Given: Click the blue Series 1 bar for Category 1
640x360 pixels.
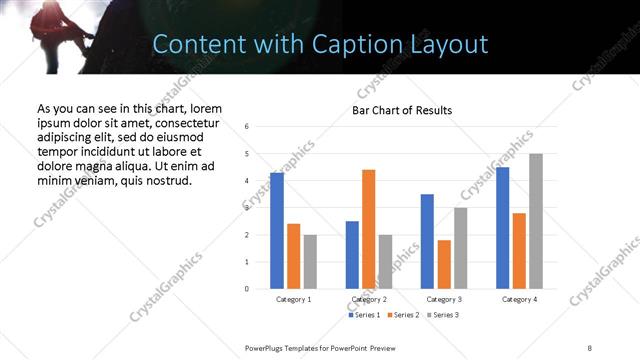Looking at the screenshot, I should coord(277,231).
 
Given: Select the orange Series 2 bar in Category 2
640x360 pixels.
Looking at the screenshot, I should coord(369,229).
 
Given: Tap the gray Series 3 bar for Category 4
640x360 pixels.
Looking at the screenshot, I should coord(536,221).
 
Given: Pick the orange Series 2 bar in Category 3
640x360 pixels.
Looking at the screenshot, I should coord(444,264).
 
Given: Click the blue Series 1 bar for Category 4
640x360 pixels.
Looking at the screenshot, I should coord(502,228).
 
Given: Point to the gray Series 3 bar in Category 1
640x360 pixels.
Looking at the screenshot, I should coord(310,262).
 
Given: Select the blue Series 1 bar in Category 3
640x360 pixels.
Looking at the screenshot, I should coord(427,241).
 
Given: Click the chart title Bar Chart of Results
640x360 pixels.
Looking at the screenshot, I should coord(402,110).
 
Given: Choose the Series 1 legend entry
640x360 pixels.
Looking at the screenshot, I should coord(364,315).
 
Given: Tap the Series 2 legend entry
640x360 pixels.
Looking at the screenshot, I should coord(403,315).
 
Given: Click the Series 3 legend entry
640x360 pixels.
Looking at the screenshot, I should coord(441,315).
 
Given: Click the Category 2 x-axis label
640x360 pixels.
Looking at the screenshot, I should coord(369,299).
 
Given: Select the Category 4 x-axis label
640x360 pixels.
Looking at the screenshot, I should coord(519,299).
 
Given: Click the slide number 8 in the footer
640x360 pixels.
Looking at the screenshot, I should coord(590,347).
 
